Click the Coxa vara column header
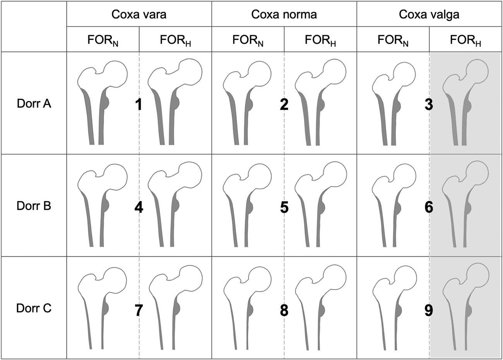[139, 14]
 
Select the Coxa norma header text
[284, 14]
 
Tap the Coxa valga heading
[429, 15]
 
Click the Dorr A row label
[34, 104]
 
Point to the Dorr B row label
[34, 206]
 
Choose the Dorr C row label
[34, 308]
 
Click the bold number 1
[139, 105]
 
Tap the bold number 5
[284, 207]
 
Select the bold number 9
[429, 310]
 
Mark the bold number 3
[429, 105]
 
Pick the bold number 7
[139, 310]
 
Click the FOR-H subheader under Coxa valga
[465, 40]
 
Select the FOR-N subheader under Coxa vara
[103, 40]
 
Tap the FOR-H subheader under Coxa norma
[320, 40]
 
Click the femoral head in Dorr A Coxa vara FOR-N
[115, 74]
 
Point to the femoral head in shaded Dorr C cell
[477, 275]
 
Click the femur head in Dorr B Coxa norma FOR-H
[335, 174]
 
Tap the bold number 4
[139, 207]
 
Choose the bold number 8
[284, 310]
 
